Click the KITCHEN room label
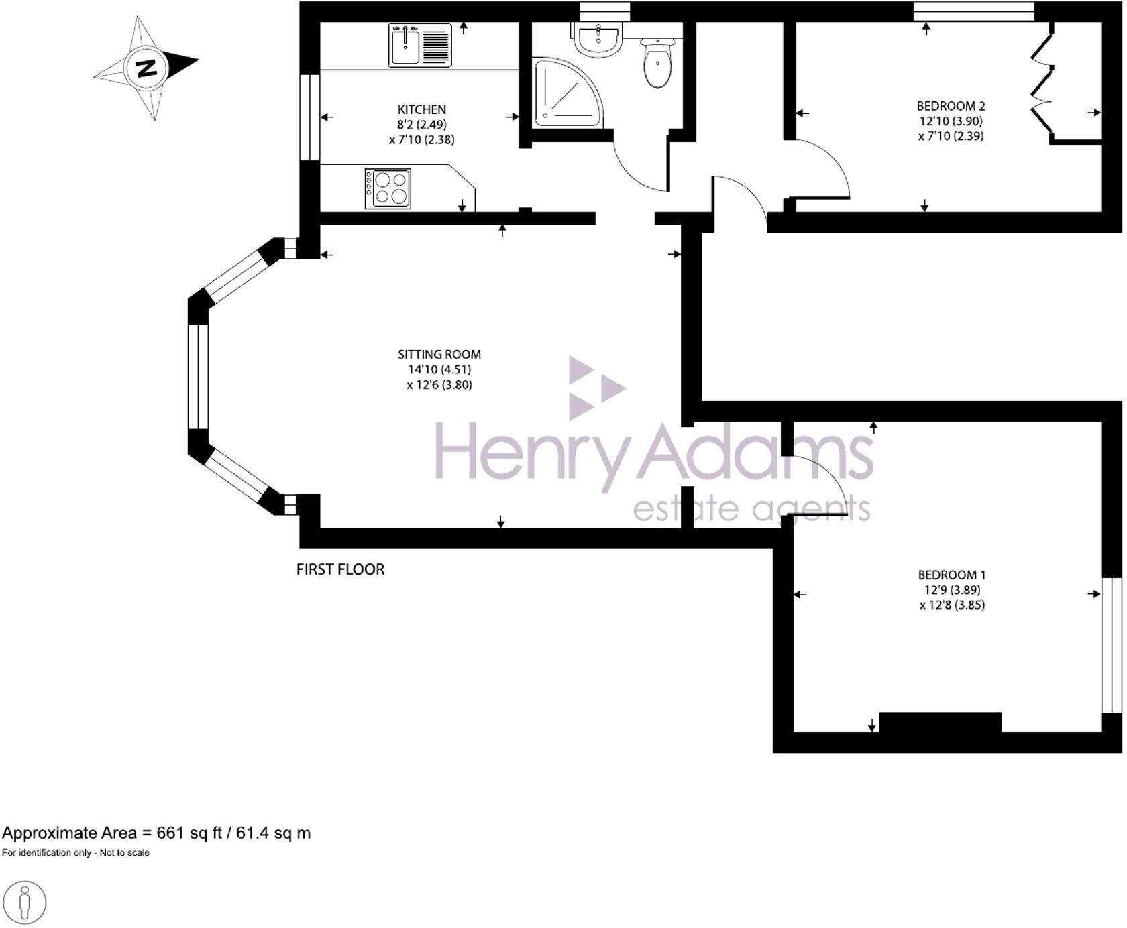pyautogui.click(x=421, y=109)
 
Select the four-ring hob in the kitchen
pyautogui.click(x=388, y=188)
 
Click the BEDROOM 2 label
pyautogui.click(x=951, y=106)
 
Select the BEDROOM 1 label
pyautogui.click(x=951, y=575)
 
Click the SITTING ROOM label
pyautogui.click(x=439, y=354)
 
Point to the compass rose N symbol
pyautogui.click(x=146, y=68)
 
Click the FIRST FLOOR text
pyautogui.click(x=340, y=569)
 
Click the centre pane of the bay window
pyautogui.click(x=198, y=375)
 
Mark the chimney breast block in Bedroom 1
pyautogui.click(x=939, y=723)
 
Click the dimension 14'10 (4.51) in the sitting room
pyautogui.click(x=439, y=369)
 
